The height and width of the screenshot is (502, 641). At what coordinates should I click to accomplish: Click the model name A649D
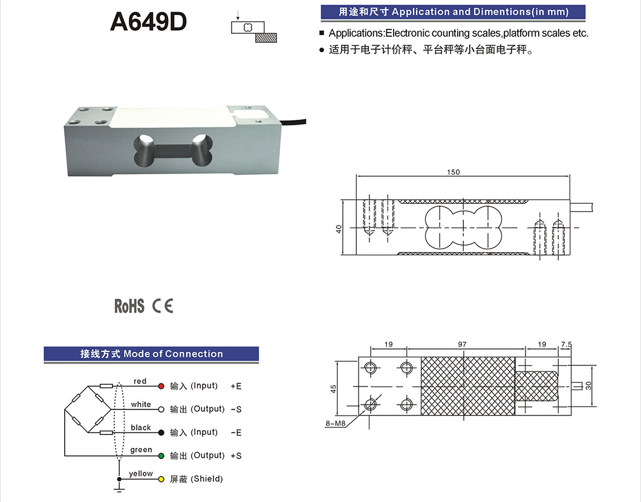tap(148, 22)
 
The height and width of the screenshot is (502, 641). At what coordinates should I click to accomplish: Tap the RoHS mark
tap(129, 306)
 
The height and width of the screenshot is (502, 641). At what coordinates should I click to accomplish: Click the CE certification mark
tap(163, 306)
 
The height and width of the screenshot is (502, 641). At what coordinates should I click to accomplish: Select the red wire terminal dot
tap(161, 386)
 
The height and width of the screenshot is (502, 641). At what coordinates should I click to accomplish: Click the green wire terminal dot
tap(161, 455)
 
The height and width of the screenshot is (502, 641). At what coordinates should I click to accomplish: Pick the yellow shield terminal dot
tap(161, 479)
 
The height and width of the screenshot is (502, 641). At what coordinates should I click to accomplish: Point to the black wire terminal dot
tap(161, 432)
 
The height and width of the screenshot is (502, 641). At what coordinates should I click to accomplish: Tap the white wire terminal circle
tap(161, 409)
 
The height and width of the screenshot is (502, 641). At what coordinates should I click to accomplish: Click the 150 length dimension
tap(453, 172)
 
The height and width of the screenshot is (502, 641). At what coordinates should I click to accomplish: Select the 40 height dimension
tap(339, 229)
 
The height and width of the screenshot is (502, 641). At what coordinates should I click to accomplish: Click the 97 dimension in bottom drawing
tap(462, 344)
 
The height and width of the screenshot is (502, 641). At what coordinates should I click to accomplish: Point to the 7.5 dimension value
tap(566, 344)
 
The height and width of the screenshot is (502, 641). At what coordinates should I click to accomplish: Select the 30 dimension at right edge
tap(589, 385)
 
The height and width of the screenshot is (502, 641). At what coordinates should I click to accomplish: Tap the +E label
tap(236, 386)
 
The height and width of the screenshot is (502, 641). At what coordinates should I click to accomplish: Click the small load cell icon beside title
tap(254, 31)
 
